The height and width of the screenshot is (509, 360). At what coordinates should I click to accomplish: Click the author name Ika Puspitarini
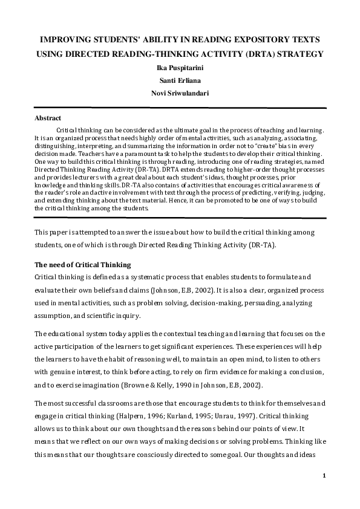[x=180, y=68]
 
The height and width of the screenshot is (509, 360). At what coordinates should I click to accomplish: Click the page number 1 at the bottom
[x=324, y=476]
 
